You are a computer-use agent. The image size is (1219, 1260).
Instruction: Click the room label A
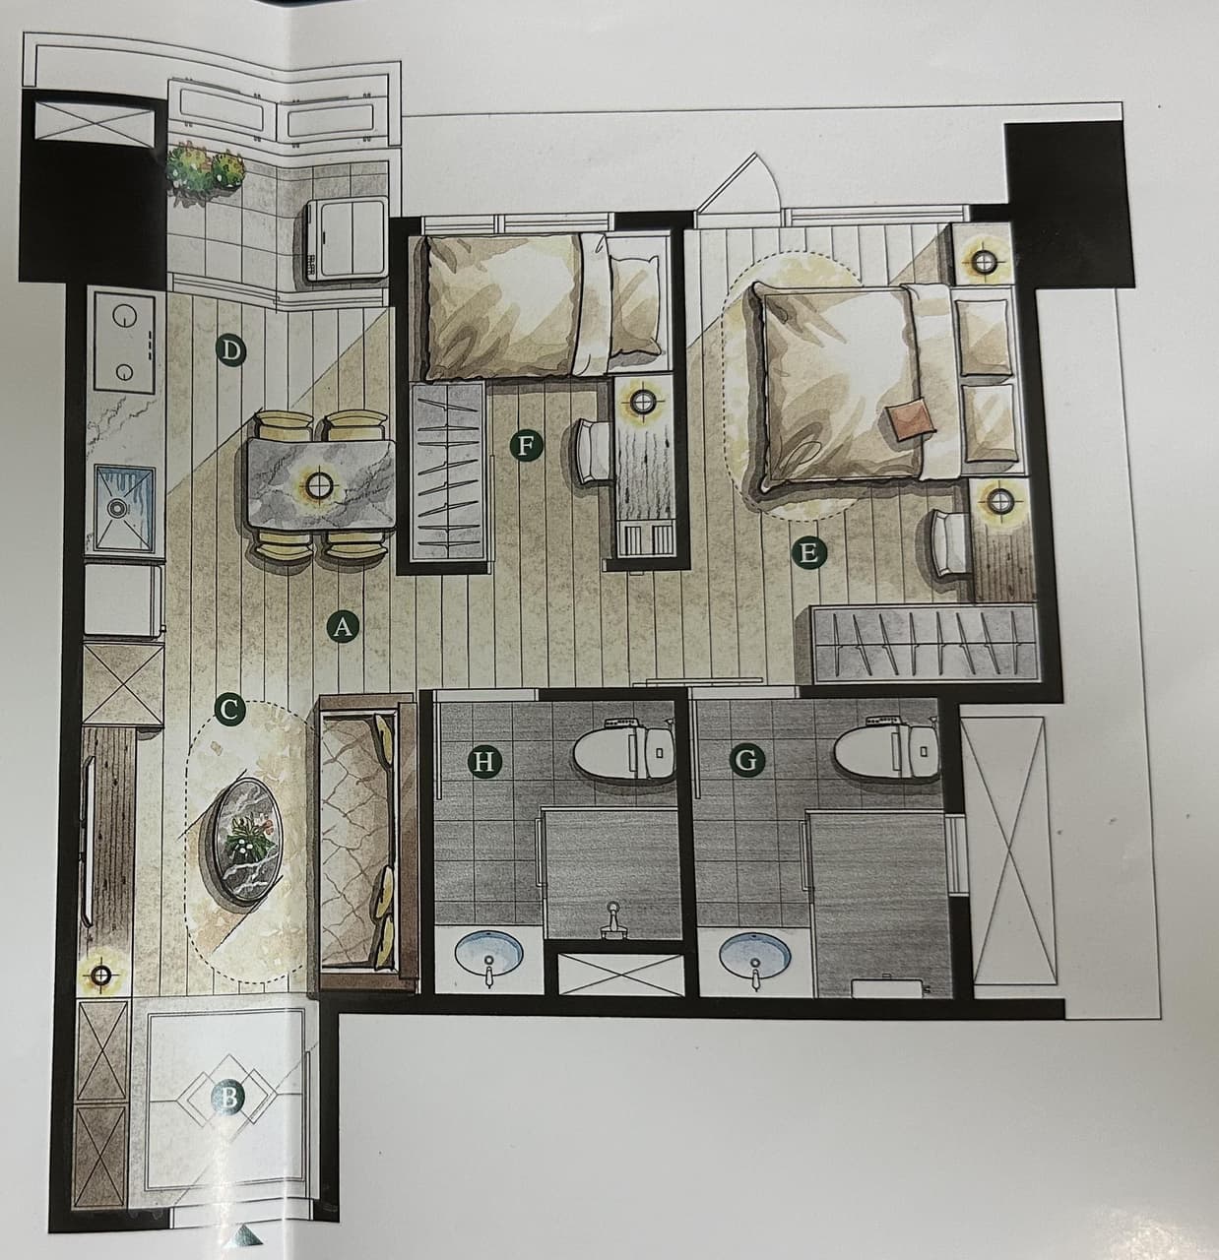[x=343, y=627]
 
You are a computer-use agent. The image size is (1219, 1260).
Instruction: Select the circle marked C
[x=228, y=710]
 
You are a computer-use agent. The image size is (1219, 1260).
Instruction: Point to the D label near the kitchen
[x=231, y=352]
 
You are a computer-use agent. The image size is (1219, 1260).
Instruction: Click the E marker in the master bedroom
[x=809, y=553]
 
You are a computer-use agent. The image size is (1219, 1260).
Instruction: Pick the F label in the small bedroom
[x=525, y=446]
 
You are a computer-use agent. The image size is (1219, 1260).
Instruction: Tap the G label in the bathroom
[x=746, y=760]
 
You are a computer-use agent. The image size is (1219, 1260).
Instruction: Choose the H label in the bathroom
[x=483, y=762]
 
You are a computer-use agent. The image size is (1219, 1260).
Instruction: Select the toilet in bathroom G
[x=887, y=750]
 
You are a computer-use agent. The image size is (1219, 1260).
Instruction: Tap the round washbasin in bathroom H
[x=489, y=957]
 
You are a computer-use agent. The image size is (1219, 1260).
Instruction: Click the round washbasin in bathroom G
[x=755, y=957]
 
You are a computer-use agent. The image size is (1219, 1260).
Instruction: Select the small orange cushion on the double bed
[x=912, y=421]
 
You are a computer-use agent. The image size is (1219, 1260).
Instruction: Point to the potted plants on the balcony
[x=205, y=168]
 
